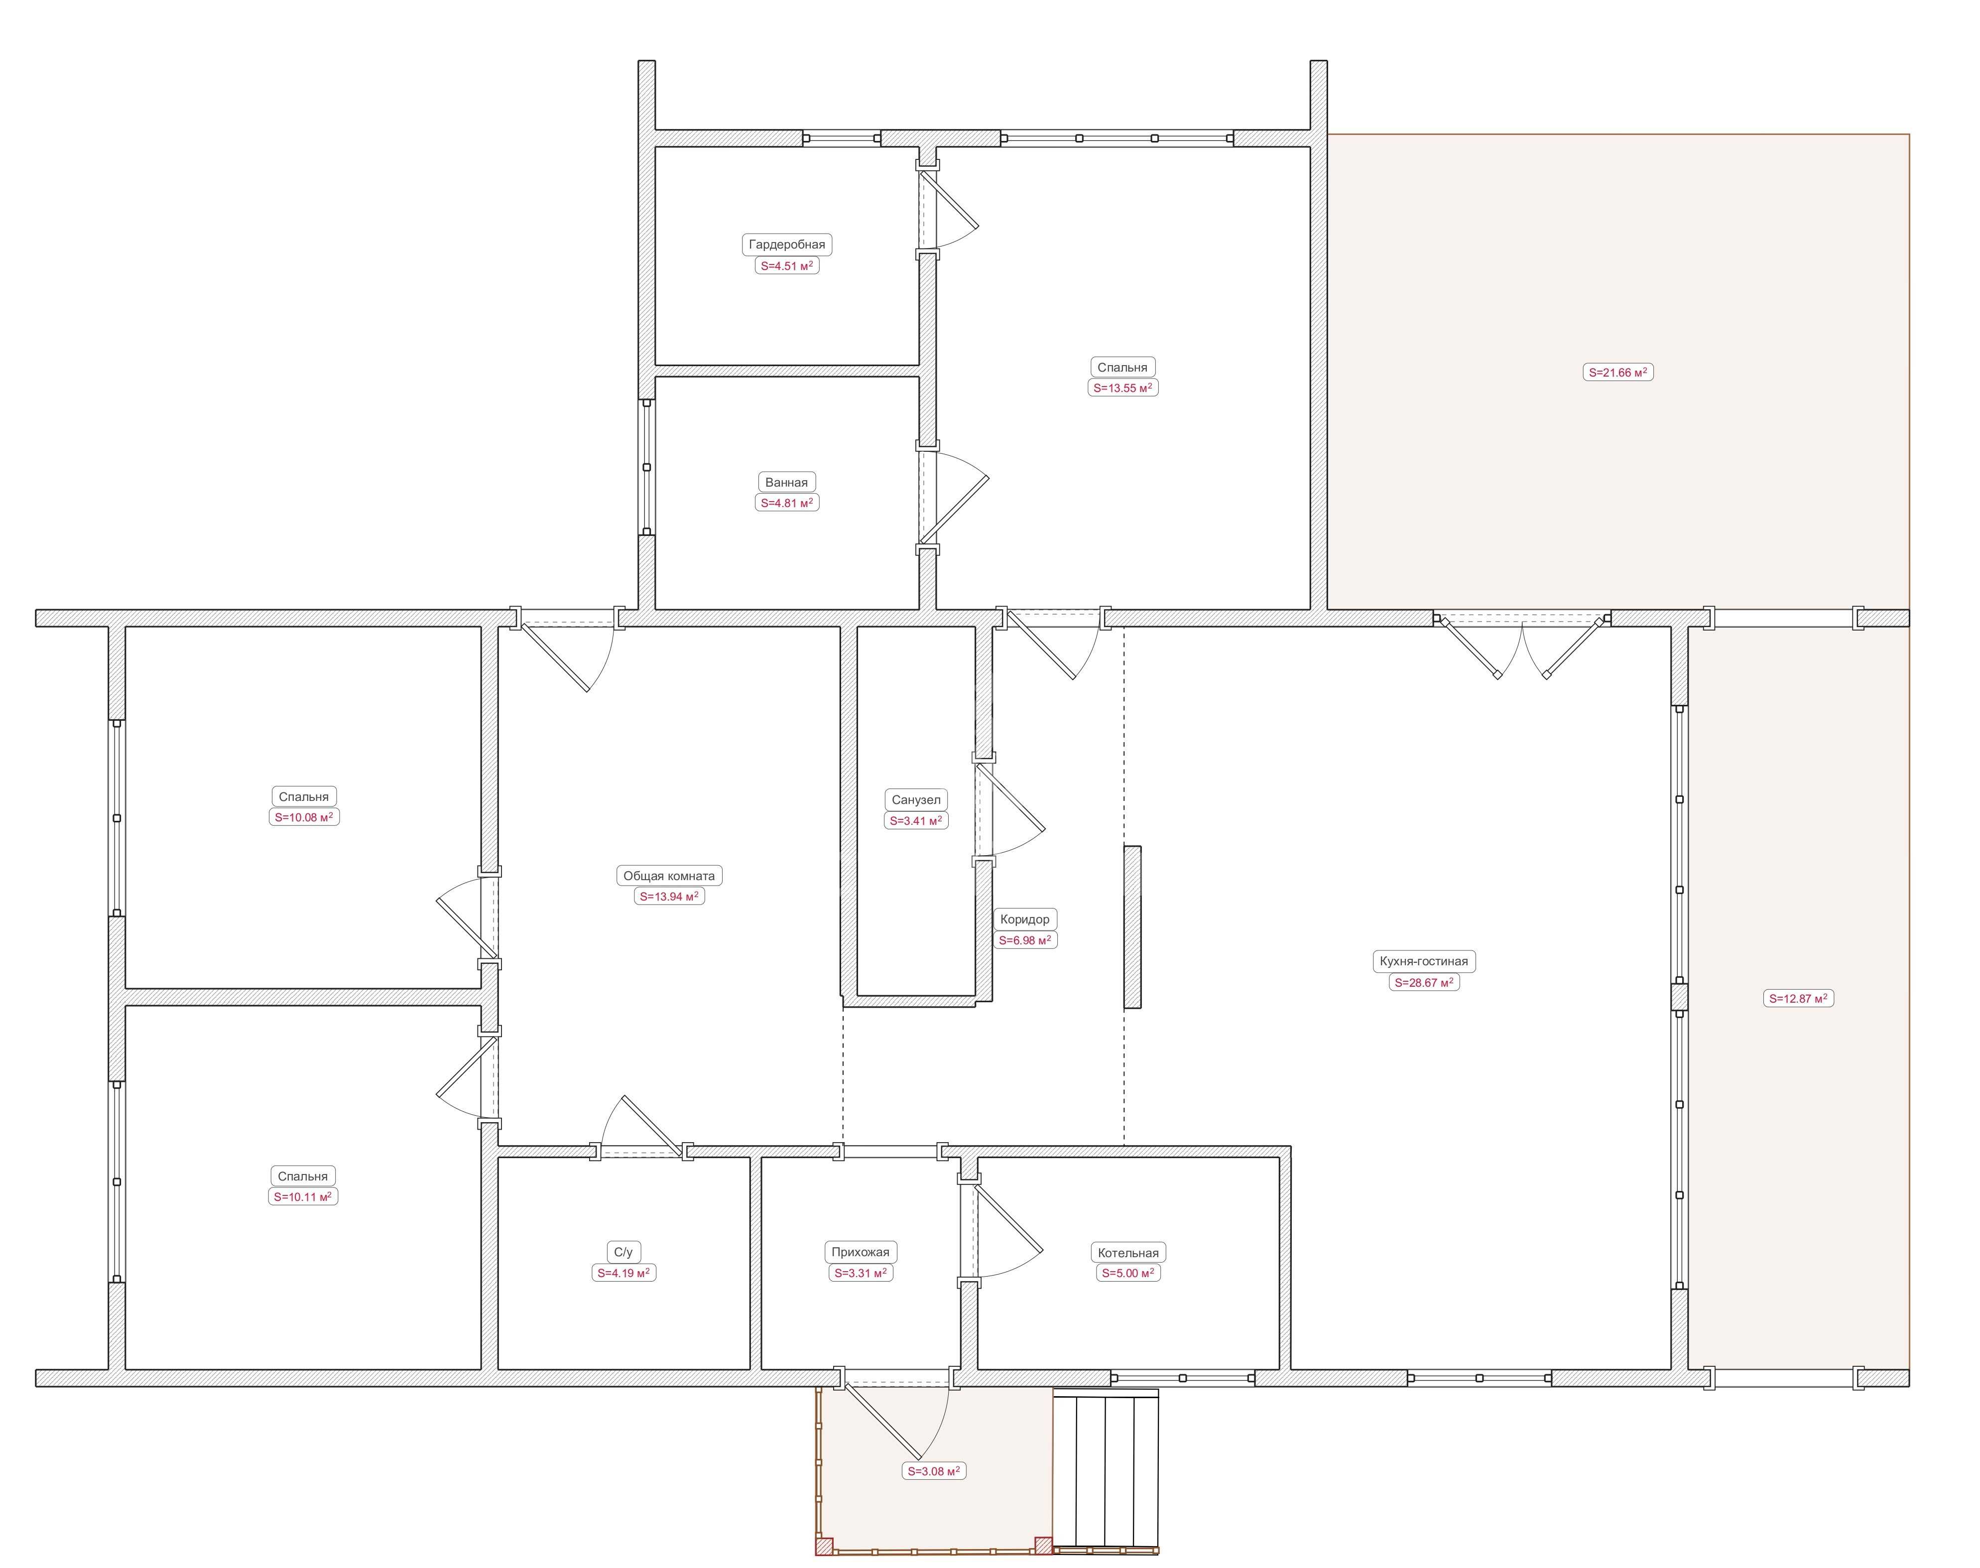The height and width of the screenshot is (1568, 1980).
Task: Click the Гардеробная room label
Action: [x=787, y=244]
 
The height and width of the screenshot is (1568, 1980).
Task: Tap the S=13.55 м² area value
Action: [x=1122, y=388]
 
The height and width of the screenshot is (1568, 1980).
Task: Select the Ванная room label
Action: [x=787, y=482]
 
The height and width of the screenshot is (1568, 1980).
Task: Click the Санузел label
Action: [x=916, y=799]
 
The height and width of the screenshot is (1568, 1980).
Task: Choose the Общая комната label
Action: [x=669, y=876]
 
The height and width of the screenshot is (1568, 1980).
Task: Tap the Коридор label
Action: [x=1024, y=919]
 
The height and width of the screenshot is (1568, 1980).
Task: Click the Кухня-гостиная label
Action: [x=1424, y=961]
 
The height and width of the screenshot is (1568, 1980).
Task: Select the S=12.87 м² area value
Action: [x=1798, y=998]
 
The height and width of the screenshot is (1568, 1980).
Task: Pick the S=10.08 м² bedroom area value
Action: [x=304, y=817]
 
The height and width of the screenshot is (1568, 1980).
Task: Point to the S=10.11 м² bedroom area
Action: [x=303, y=1196]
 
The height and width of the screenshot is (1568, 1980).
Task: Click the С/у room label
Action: [x=623, y=1252]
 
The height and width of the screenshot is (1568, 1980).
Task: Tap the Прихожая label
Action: [x=860, y=1252]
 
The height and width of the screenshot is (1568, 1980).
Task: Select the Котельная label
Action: [x=1128, y=1253]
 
